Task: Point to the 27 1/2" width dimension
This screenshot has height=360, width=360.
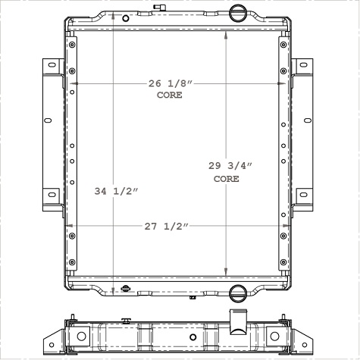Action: pyautogui.click(x=164, y=226)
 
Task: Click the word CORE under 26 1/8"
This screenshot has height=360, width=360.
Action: pyautogui.click(x=170, y=95)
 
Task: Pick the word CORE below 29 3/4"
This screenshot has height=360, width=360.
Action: pyautogui.click(x=227, y=179)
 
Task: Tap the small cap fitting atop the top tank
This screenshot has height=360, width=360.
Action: pyautogui.click(x=158, y=8)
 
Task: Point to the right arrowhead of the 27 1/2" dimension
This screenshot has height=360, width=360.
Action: pyautogui.click(x=287, y=226)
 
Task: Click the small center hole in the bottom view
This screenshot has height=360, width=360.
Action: pyautogui.click(x=193, y=337)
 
